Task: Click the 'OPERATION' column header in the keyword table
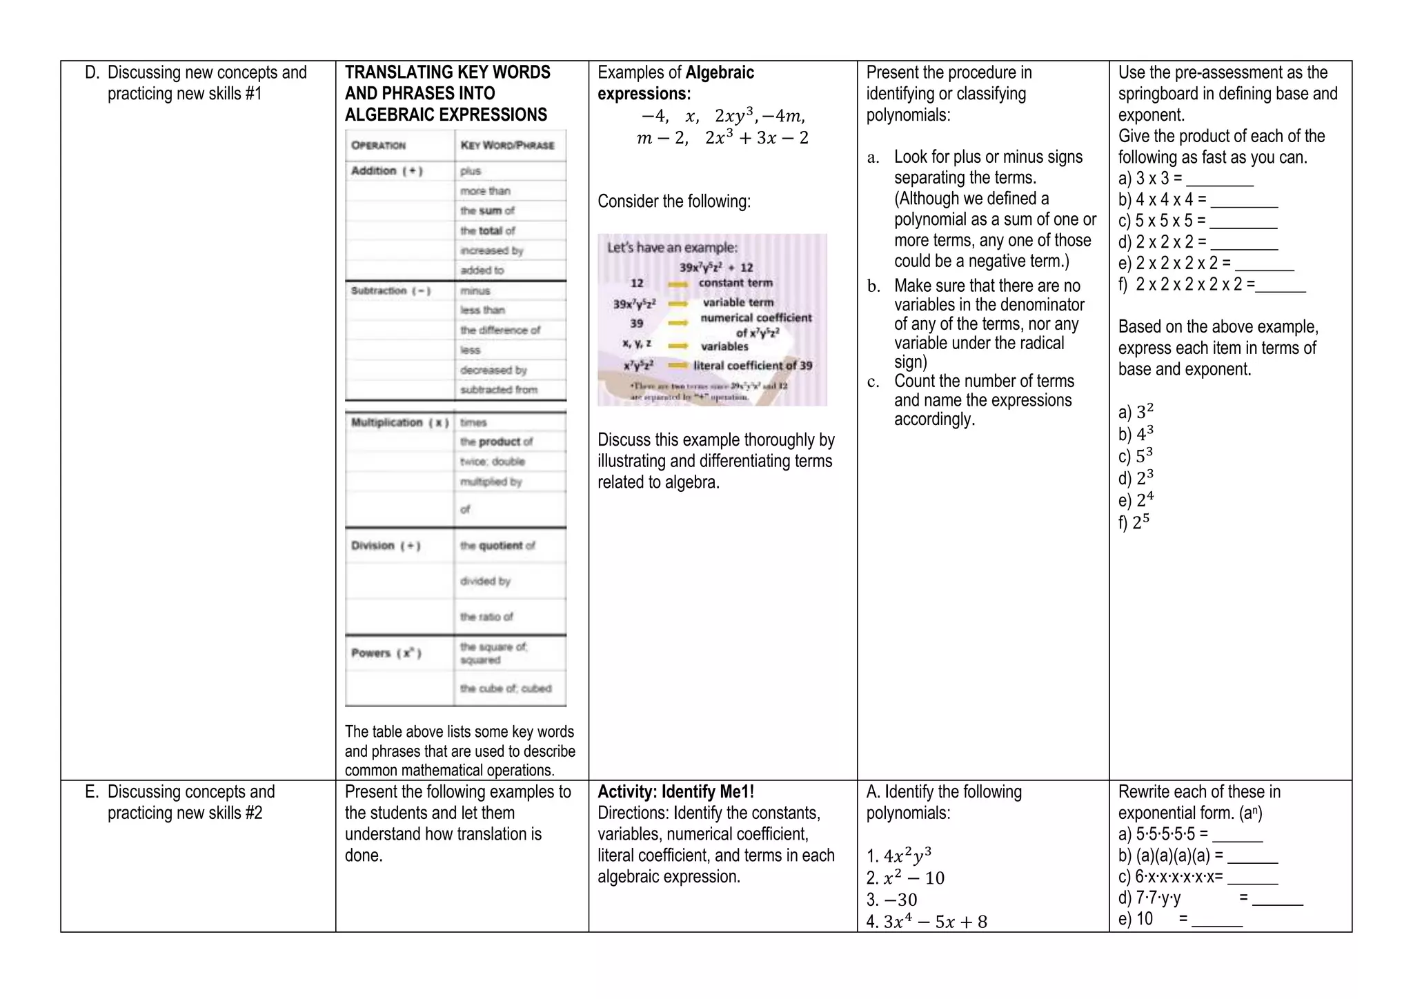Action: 378,146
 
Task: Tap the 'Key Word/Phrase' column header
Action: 507,146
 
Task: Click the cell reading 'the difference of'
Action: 500,330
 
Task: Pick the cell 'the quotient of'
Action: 497,546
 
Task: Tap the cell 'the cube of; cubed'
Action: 506,689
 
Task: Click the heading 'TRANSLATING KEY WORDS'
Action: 447,72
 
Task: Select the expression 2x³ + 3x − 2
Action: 756,138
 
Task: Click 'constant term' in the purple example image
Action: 735,283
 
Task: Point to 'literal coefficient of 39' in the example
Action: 753,366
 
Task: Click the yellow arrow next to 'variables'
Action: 678,346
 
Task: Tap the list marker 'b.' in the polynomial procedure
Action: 873,286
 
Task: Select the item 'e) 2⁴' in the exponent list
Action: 1136,499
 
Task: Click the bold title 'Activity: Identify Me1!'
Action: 675,792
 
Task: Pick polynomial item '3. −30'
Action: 891,900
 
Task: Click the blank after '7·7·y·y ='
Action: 1277,900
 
